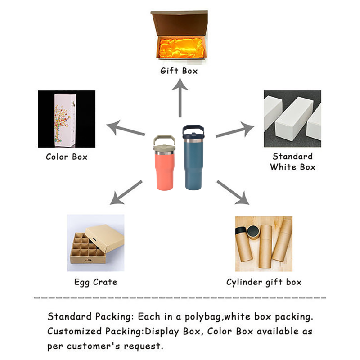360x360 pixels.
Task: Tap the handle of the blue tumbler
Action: click(193, 129)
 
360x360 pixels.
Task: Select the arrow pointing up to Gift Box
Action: click(180, 98)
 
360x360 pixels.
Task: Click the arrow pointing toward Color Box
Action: click(126, 128)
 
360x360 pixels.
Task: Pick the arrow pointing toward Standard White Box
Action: click(235, 130)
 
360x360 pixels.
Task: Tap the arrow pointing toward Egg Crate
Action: click(126, 193)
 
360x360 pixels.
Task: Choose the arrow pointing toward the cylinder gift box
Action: click(233, 193)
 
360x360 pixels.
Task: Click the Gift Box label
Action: click(179, 71)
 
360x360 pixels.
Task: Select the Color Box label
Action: click(67, 157)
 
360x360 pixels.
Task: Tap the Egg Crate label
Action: click(96, 282)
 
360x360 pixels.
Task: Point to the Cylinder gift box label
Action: click(264, 282)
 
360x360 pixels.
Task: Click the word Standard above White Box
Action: click(292, 156)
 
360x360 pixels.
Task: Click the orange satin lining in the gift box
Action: click(181, 48)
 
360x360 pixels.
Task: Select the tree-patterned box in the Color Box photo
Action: click(65, 120)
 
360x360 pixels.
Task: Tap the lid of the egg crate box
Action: click(105, 239)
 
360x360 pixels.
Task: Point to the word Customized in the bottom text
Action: click(74, 331)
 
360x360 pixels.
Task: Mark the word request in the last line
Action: click(144, 346)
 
